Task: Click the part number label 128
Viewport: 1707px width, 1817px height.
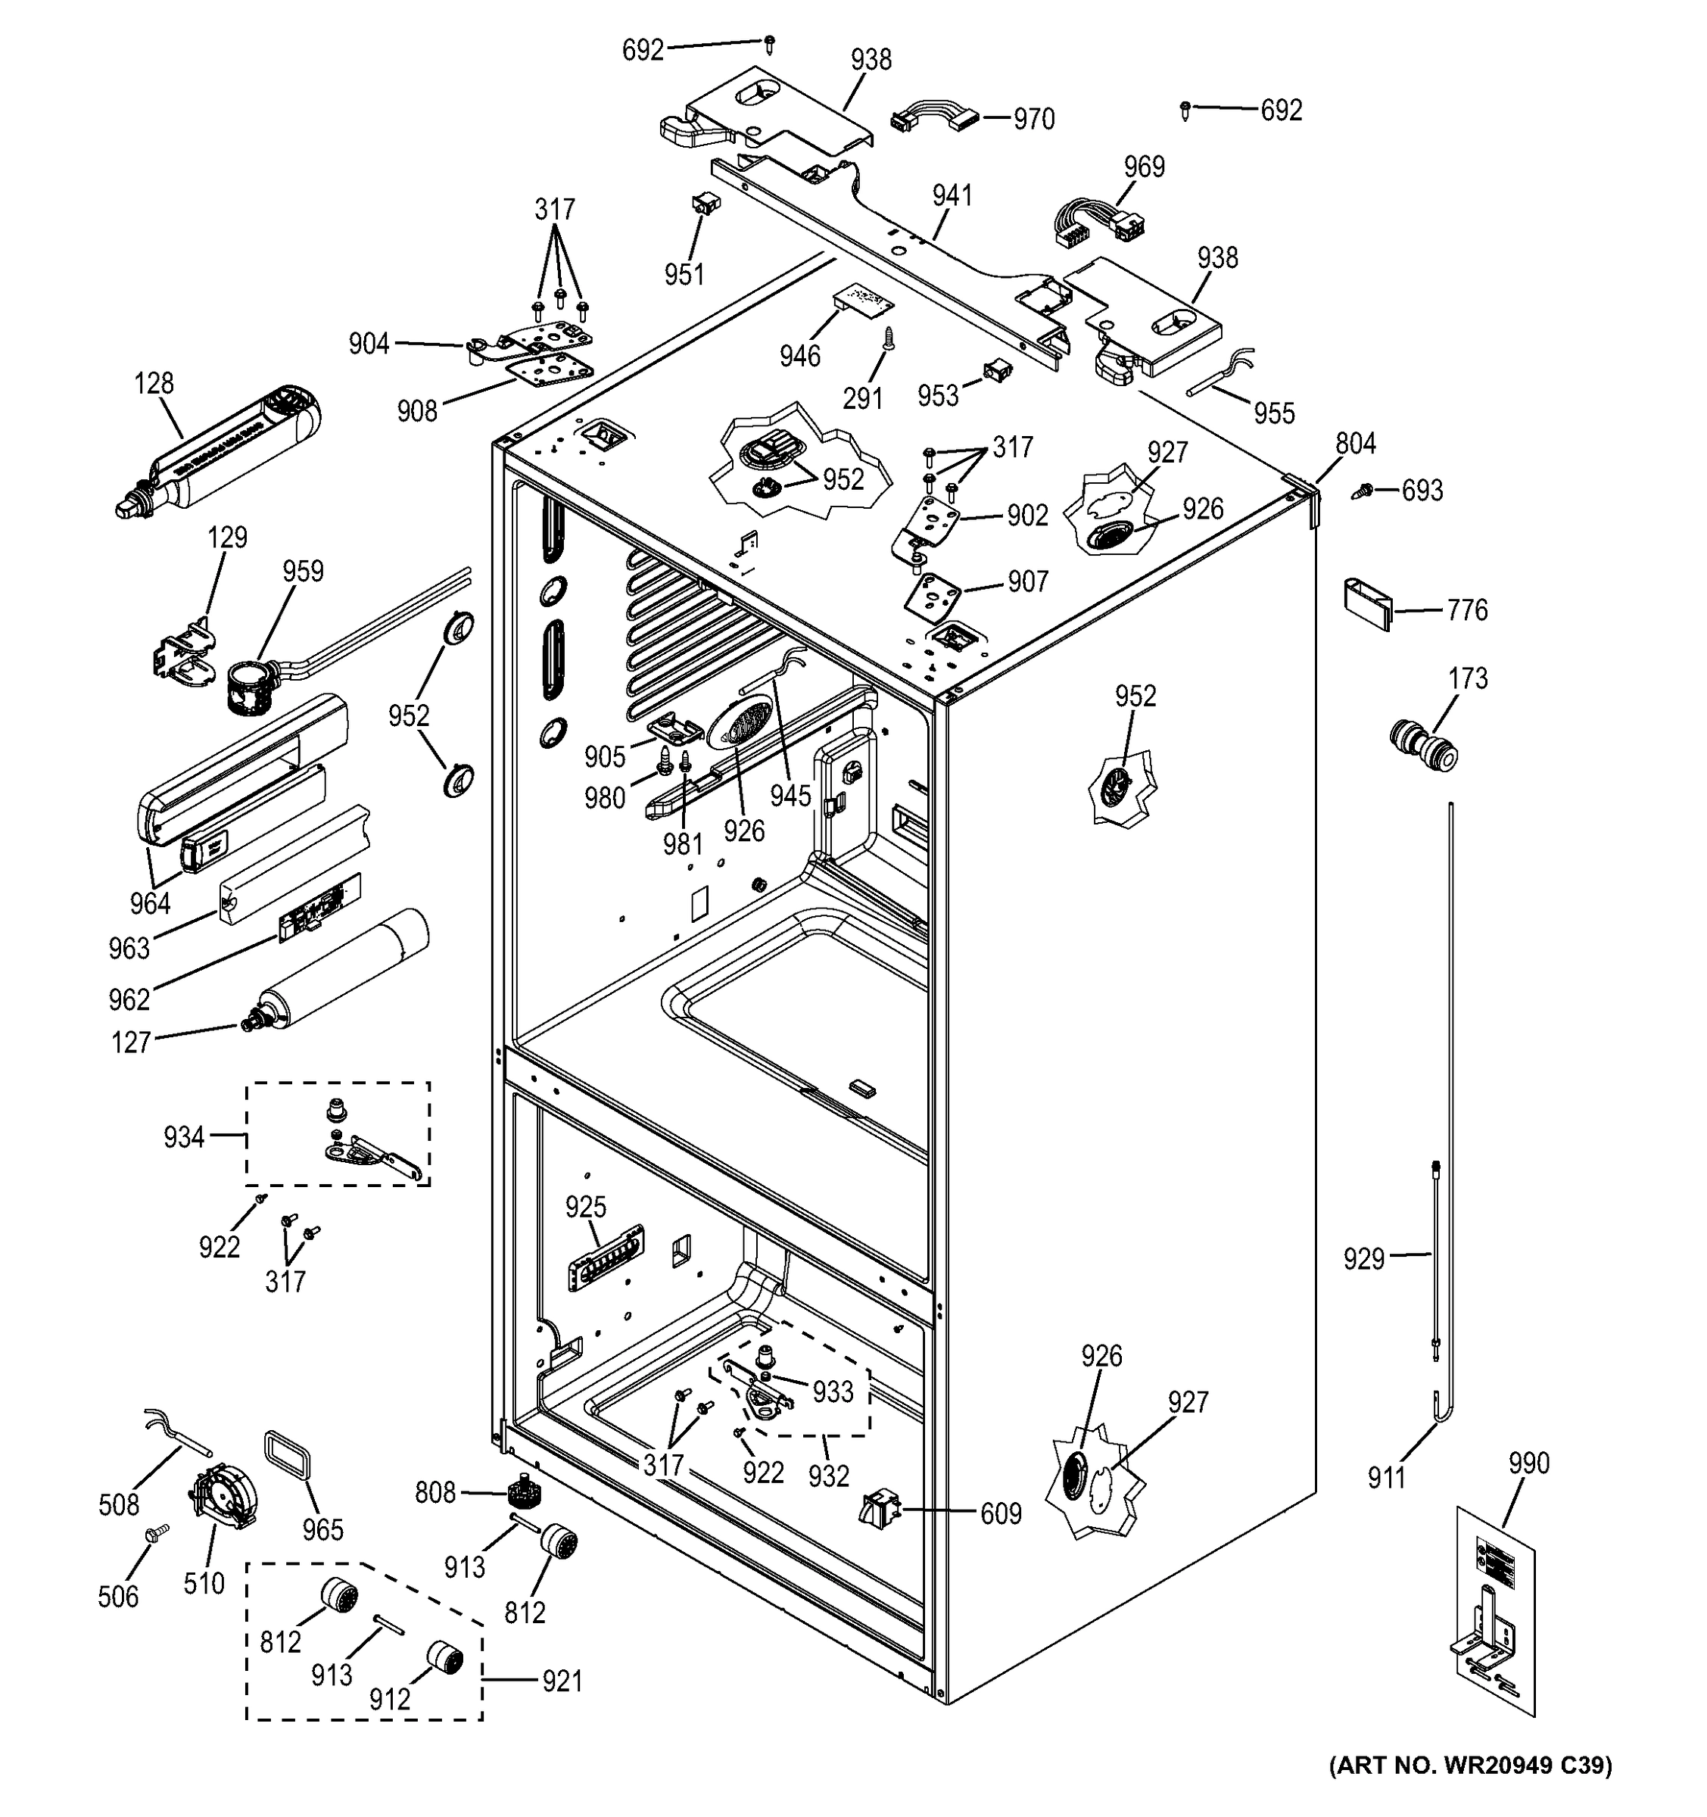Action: coord(154,383)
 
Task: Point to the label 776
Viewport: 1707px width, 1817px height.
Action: coord(1468,609)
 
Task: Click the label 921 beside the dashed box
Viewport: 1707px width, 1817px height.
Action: coord(562,1681)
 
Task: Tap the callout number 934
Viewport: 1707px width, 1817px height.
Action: coord(184,1137)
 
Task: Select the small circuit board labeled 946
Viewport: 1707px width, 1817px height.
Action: coord(861,301)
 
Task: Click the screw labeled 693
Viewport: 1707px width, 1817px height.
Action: coord(1362,491)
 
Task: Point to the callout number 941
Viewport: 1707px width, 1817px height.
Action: coord(952,195)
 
